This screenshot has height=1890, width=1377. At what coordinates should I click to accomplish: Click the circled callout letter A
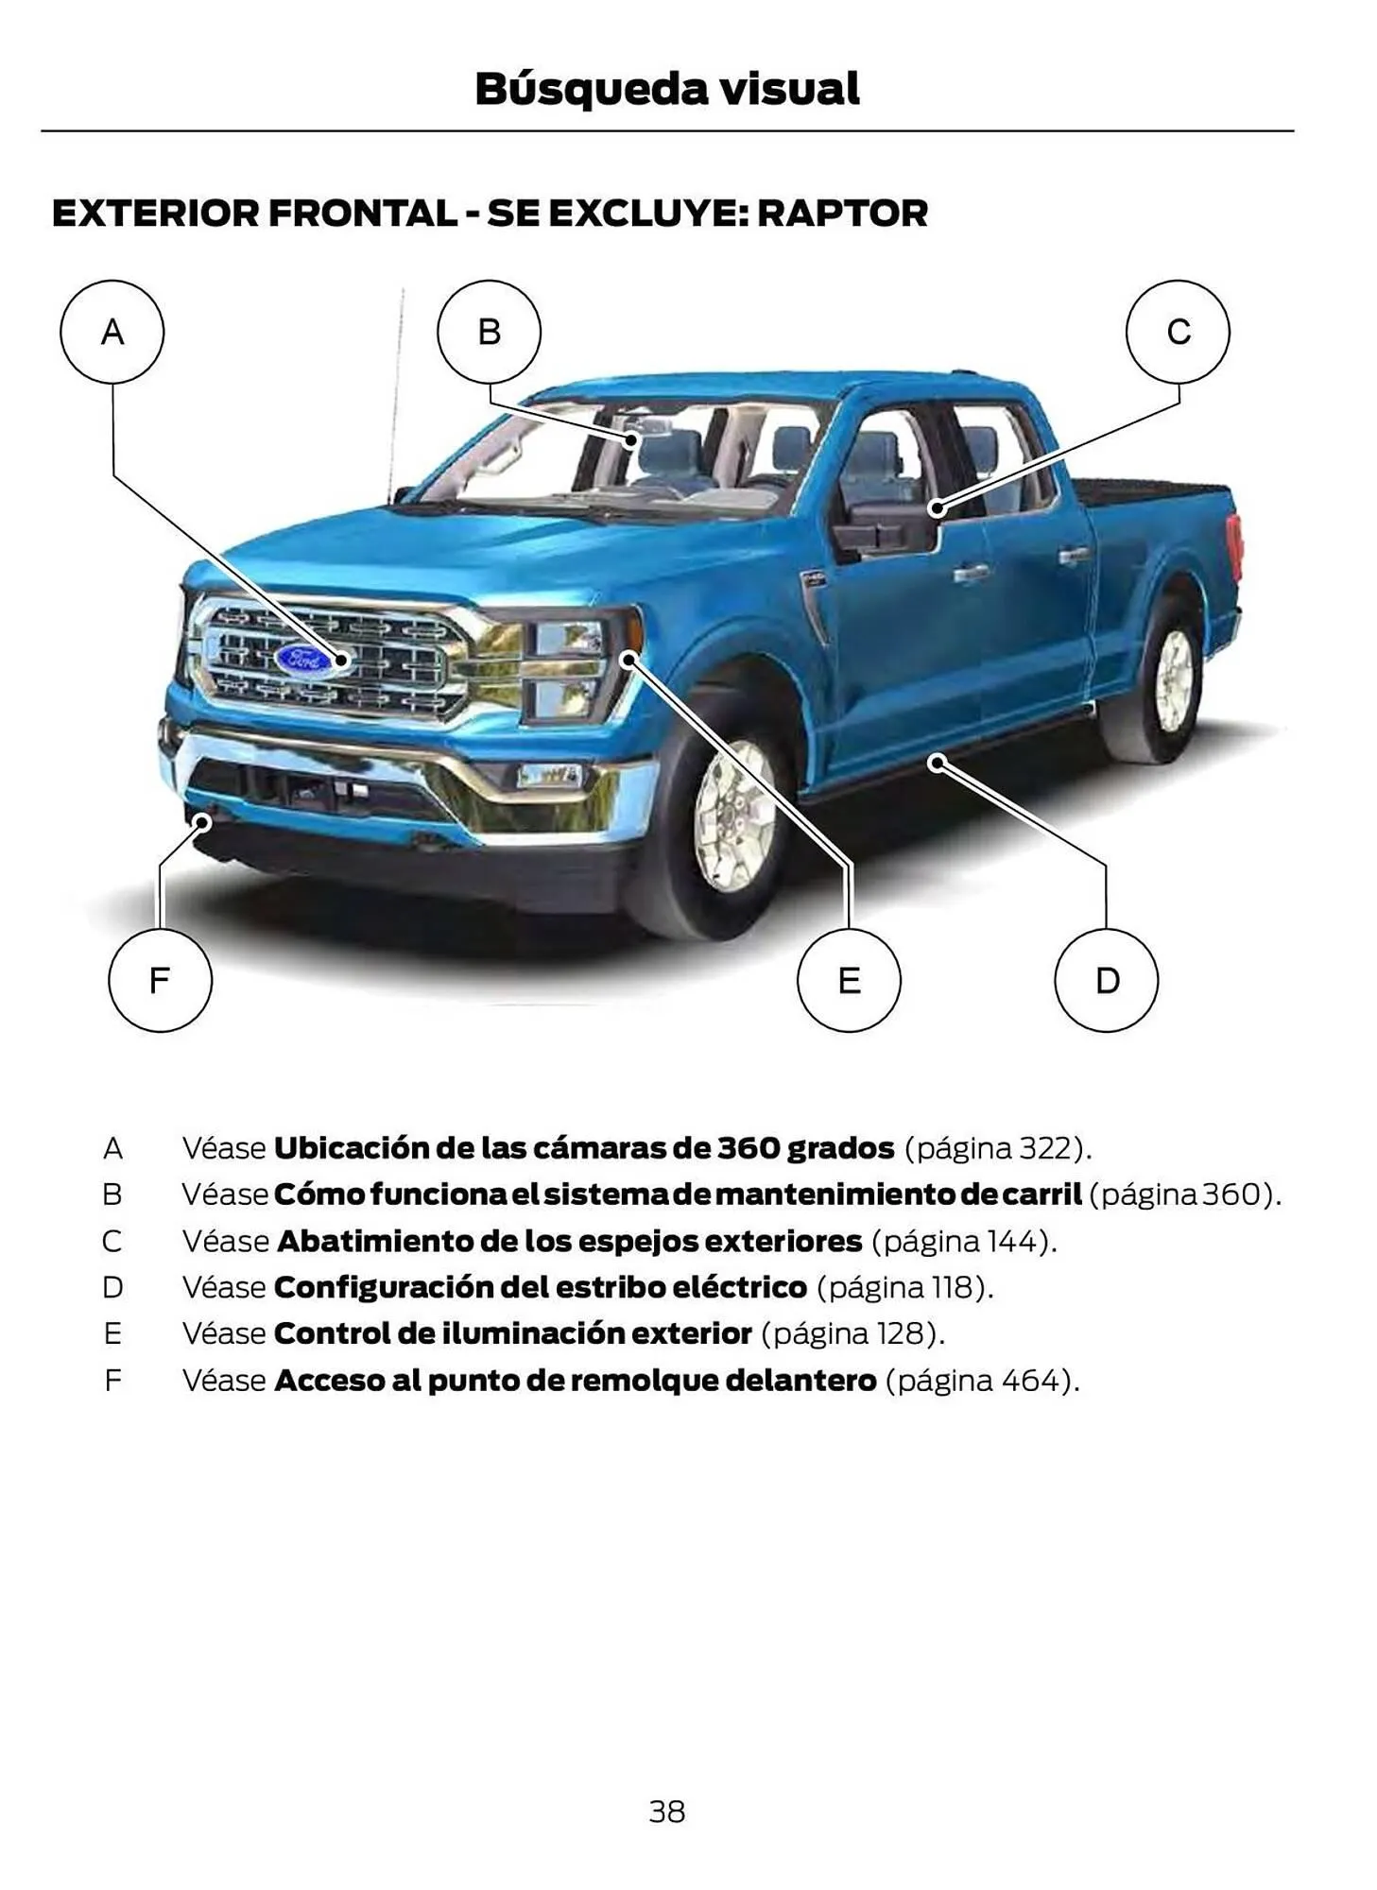[112, 332]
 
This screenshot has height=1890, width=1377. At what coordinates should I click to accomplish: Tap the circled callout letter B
[489, 332]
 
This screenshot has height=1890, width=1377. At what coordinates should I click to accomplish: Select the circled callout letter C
[1178, 332]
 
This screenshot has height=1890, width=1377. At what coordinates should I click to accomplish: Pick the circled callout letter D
[1106, 980]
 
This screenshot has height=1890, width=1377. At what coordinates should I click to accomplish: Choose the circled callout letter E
[849, 980]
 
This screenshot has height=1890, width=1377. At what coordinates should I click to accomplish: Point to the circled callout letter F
[160, 980]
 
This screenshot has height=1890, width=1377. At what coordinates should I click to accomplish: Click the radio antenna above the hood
[396, 397]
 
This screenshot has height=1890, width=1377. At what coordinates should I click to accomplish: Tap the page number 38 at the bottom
[667, 1812]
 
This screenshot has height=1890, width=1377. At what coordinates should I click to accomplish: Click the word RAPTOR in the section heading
[842, 214]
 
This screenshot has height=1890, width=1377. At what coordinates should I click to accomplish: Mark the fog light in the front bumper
[548, 777]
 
